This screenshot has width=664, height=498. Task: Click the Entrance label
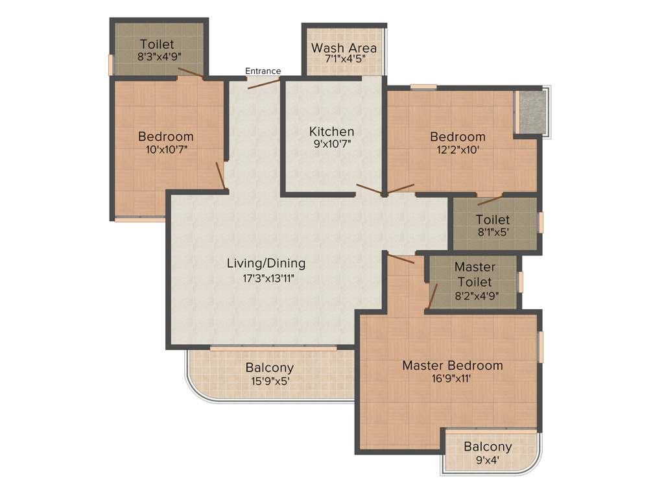pyautogui.click(x=263, y=71)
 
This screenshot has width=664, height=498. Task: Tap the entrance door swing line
pyautogui.click(x=263, y=83)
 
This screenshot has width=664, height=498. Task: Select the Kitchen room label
pyautogui.click(x=331, y=132)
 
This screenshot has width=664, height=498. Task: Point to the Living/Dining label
pyautogui.click(x=266, y=264)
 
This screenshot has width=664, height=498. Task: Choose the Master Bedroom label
pyautogui.click(x=452, y=366)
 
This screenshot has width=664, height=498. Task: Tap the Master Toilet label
pyautogui.click(x=474, y=274)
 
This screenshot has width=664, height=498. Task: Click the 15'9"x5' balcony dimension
pyautogui.click(x=269, y=381)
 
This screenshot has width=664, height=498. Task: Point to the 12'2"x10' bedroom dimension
pyautogui.click(x=458, y=150)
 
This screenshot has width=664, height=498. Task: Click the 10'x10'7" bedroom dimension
pyautogui.click(x=165, y=150)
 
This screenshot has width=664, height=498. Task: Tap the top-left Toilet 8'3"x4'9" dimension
pyautogui.click(x=156, y=56)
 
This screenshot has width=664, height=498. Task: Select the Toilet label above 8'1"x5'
pyautogui.click(x=492, y=220)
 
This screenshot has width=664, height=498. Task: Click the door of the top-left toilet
pyautogui.click(x=191, y=73)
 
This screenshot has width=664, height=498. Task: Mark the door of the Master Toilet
pyautogui.click(x=433, y=296)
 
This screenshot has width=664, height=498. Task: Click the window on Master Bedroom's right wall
pyautogui.click(x=540, y=347)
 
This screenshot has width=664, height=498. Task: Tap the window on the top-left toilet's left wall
pyautogui.click(x=111, y=64)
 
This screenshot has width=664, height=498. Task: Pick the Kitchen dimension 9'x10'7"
pyautogui.click(x=331, y=145)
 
